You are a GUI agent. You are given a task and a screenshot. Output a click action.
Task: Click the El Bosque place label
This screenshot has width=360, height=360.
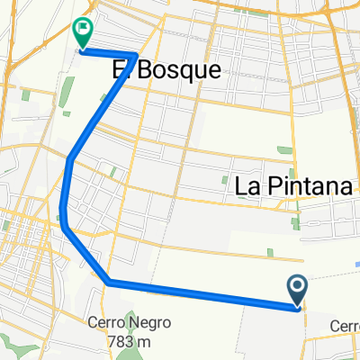(166, 70)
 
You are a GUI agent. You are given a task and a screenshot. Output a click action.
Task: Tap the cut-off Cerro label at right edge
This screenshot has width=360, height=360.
(345, 326)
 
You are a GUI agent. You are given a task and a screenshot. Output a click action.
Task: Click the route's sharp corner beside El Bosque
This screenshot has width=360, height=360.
(135, 56)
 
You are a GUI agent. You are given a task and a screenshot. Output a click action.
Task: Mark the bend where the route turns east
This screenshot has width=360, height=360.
(108, 283)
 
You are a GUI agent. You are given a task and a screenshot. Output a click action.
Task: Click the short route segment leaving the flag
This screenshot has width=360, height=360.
(108, 53)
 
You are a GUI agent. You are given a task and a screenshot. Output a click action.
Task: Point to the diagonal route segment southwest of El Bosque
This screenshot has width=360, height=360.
(102, 108)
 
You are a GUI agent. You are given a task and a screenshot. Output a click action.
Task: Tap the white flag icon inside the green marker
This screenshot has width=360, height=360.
(82, 31)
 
